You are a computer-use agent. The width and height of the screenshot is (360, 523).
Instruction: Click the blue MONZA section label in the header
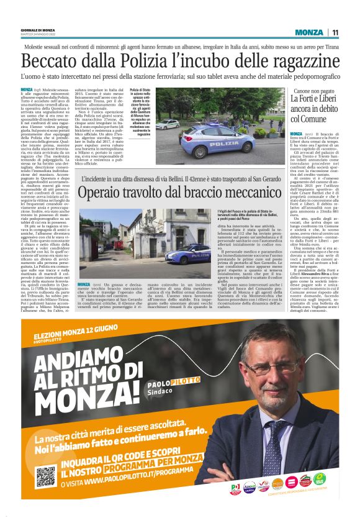point(308,32)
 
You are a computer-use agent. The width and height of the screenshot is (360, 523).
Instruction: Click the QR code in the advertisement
point(46,475)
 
